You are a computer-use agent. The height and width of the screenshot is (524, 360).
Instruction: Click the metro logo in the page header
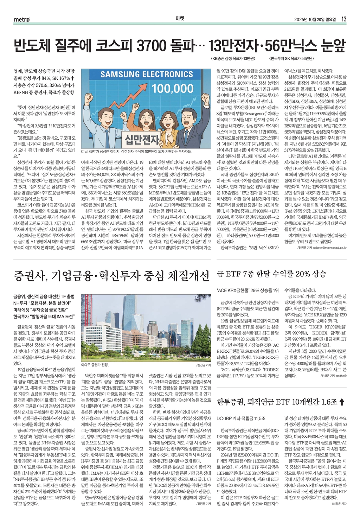pos(22,19)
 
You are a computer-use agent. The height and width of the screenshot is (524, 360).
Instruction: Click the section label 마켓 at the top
pos(180,19)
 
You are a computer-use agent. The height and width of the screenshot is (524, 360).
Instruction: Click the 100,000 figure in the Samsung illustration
pos(173,88)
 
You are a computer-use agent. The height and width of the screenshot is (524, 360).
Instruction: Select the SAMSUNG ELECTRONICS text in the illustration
pos(147,74)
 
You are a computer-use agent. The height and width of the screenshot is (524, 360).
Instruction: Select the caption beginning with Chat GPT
pos(136,152)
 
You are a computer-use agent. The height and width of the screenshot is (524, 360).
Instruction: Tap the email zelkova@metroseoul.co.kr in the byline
pos(327,248)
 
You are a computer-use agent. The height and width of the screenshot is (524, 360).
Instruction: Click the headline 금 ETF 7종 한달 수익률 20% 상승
pos(271,274)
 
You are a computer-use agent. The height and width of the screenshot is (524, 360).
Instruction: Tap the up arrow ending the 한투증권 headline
pos(342,402)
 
